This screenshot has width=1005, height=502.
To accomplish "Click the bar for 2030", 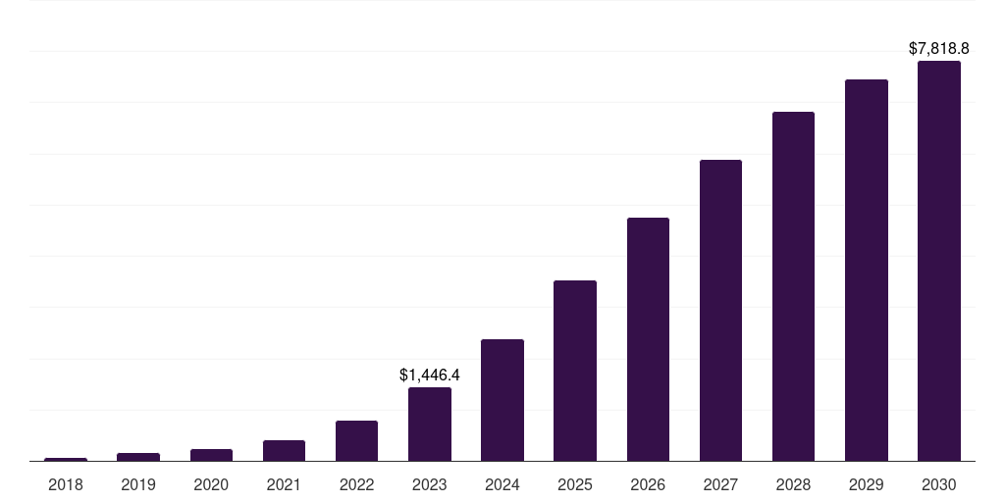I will point(938,261).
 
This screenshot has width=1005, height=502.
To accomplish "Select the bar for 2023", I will point(430,424).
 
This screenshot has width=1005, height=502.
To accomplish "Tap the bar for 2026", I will point(648,339).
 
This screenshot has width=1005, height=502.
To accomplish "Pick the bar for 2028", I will point(793,286).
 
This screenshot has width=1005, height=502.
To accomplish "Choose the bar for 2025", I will point(575,371).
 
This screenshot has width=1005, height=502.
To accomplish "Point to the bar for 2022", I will point(356,440).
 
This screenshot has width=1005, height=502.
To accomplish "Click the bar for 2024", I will point(502,400).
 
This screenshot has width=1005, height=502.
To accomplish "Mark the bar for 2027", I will point(720,310).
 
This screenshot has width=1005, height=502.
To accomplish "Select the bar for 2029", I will point(866,270).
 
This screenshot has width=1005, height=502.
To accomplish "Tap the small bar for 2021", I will point(284,450).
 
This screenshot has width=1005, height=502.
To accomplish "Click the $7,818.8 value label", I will point(938,48).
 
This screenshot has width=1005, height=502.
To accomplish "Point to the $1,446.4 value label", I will point(430,375).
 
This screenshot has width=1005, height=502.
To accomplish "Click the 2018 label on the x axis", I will point(66,484).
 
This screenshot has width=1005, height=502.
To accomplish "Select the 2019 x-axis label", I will point(138,484).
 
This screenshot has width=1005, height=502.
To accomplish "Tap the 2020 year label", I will point(211,484).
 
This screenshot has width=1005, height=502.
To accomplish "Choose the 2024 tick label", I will point(502,484).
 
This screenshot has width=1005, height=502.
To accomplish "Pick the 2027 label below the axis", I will point(720,484).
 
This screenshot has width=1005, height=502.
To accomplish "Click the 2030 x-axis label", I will point(938,484).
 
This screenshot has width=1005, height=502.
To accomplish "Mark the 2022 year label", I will point(356,484).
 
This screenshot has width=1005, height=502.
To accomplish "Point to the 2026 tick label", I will point(648,484).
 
